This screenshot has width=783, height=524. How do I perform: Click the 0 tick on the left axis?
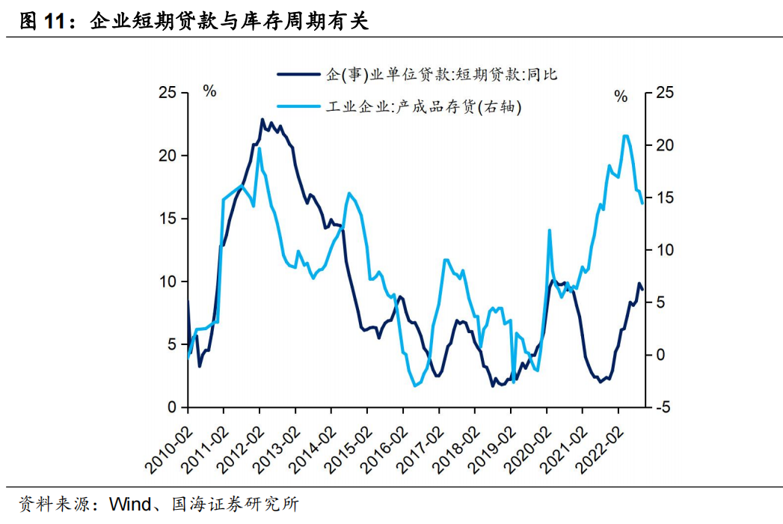point(171,407)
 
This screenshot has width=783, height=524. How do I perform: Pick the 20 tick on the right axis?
point(664,145)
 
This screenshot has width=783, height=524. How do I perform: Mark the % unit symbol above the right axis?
point(621,95)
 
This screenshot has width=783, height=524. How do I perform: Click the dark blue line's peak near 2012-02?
point(262,119)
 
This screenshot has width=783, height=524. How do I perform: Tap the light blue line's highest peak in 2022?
point(625,135)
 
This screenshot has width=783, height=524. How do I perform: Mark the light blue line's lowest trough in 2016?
point(415,386)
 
